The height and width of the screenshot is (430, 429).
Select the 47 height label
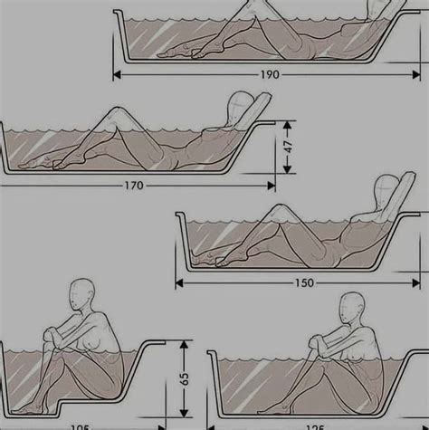(x=287, y=145)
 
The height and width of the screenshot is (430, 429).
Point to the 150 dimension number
(x=303, y=282)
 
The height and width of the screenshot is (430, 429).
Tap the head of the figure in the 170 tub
(x=241, y=105)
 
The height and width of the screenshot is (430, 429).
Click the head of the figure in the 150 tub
(x=386, y=187)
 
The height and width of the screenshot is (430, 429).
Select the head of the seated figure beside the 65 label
(x=82, y=295)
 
